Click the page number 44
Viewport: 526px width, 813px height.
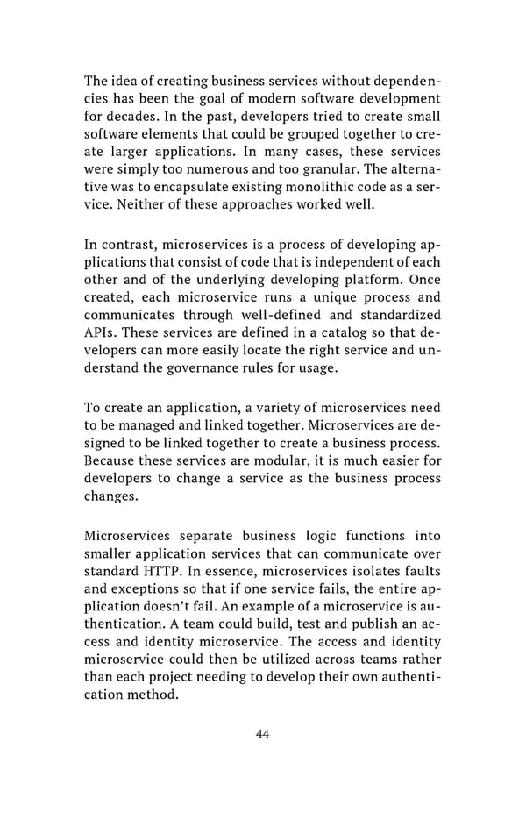[x=262, y=733]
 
